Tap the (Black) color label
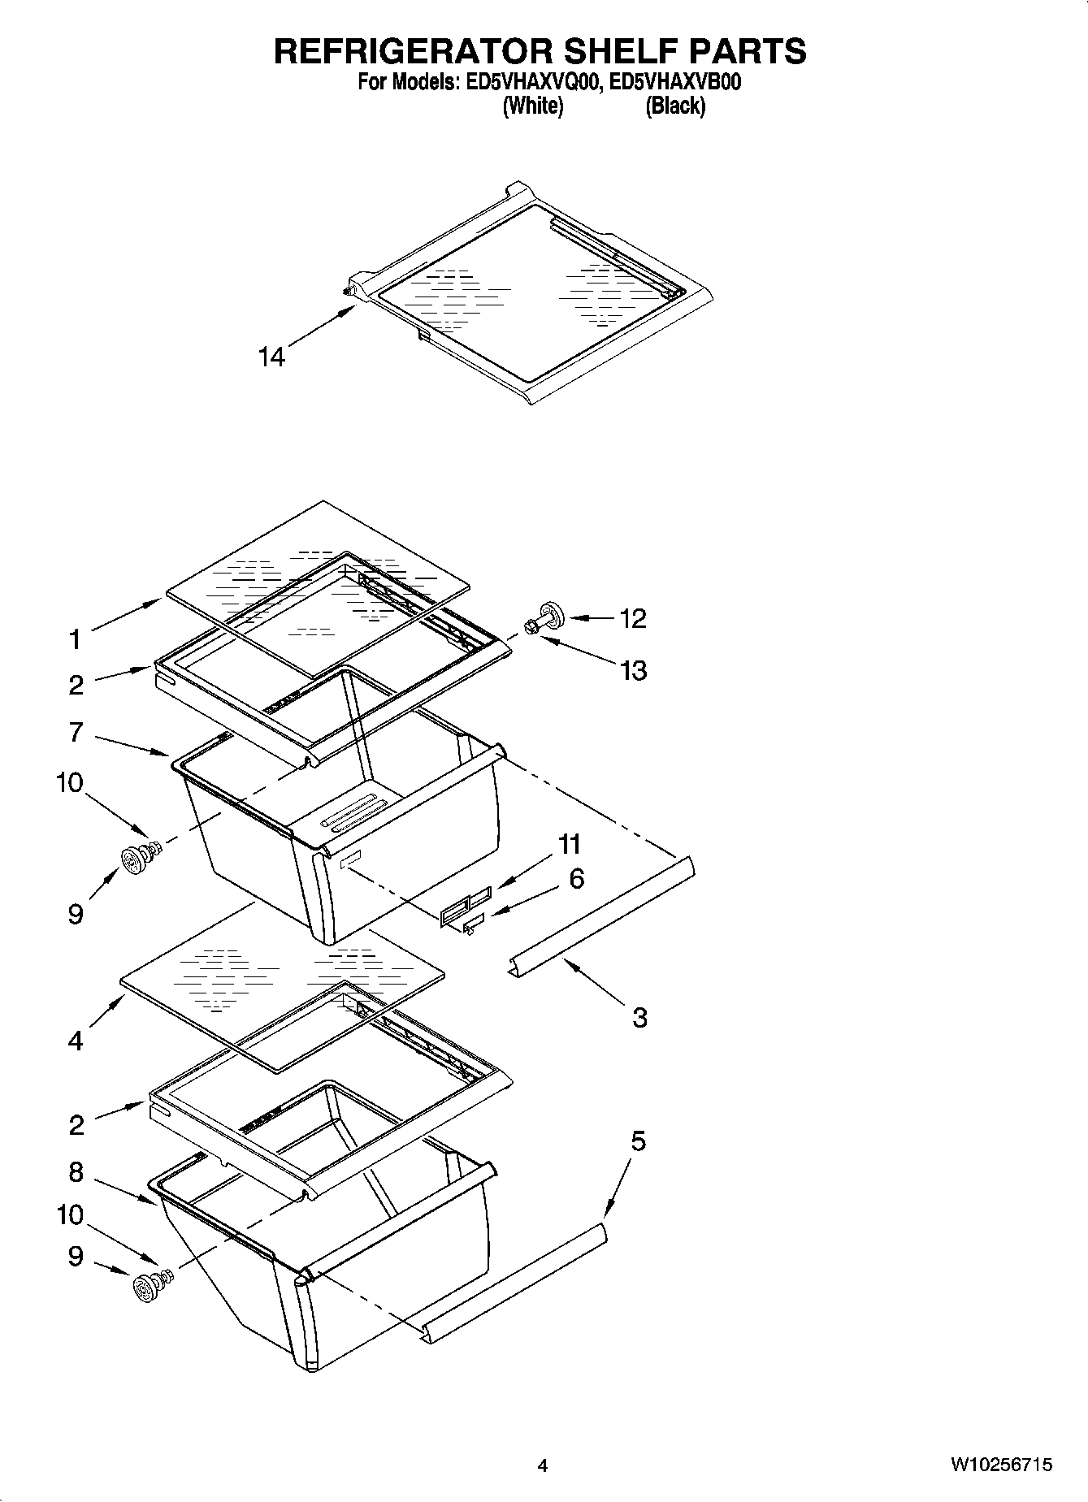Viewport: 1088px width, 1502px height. pos(675,106)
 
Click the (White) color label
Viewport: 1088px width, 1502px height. pos(533,106)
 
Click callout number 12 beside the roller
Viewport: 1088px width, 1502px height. pos(633,618)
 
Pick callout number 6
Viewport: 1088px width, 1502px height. pos(576,878)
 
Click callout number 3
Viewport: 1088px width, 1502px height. pos(639,1017)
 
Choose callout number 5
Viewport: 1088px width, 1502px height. pos(638,1141)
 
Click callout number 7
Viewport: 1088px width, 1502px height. pos(76,732)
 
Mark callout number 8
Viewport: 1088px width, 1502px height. pos(76,1172)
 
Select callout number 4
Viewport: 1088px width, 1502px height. pos(76,1041)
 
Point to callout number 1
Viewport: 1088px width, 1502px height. pos(76,640)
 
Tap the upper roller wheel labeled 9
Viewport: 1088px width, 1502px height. pos(131,859)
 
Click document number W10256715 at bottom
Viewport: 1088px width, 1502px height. pos(1001,1465)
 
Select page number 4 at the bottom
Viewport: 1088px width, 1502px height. pos(543,1466)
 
